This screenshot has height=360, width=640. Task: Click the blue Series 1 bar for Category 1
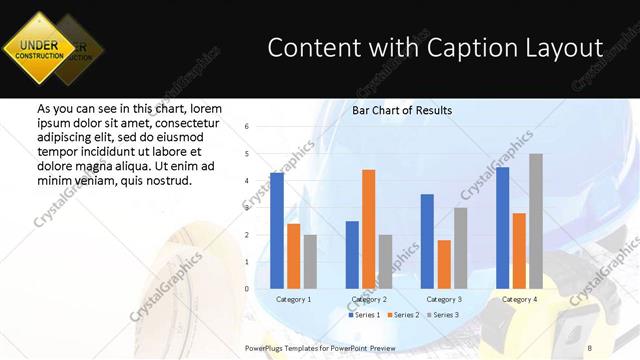click(x=277, y=230)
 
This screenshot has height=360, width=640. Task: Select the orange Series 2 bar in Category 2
click(x=368, y=229)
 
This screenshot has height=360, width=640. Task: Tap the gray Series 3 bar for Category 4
click(x=536, y=221)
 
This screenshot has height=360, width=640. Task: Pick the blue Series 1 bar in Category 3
click(x=427, y=241)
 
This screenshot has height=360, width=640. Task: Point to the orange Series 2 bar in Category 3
click(x=444, y=264)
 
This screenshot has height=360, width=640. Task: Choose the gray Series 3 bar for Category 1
click(x=310, y=261)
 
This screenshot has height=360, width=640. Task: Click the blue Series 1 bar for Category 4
click(x=502, y=227)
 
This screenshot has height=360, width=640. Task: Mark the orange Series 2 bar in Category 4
click(x=519, y=250)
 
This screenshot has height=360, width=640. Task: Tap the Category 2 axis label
click(x=368, y=299)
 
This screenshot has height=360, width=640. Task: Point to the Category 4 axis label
click(x=518, y=299)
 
